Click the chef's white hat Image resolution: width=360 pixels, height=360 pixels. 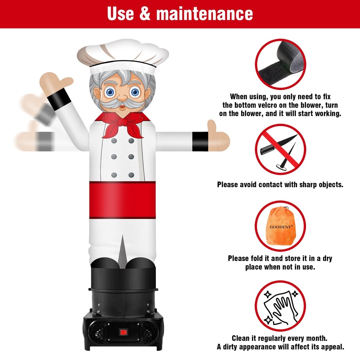123,56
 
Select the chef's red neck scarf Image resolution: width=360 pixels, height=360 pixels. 122,124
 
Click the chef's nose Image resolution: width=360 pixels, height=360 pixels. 122,97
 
